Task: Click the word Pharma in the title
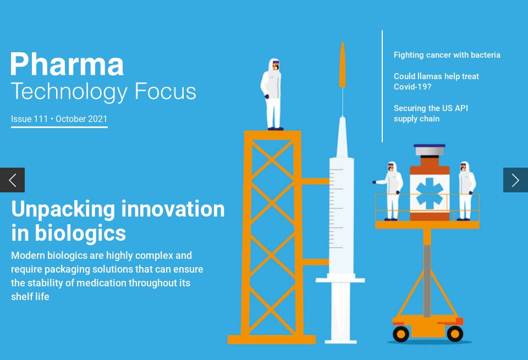(x=67, y=64)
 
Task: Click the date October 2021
(x=81, y=119)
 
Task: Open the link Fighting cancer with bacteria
(x=447, y=55)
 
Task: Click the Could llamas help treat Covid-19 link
(x=436, y=81)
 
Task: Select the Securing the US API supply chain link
(x=430, y=113)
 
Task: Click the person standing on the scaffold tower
(x=272, y=93)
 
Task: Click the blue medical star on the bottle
(x=430, y=193)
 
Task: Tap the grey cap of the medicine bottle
(x=430, y=149)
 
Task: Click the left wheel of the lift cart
(x=400, y=333)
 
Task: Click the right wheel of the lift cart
(x=455, y=333)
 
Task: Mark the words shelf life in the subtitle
(x=30, y=297)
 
